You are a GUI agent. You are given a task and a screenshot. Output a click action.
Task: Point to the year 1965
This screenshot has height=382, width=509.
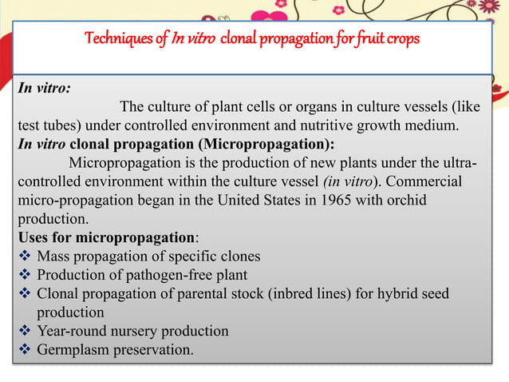pos(340,201)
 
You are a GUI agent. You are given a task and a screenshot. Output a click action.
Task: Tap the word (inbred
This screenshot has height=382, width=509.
pos(294,294)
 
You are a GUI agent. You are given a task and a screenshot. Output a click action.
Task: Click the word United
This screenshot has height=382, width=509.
pos(249,201)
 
